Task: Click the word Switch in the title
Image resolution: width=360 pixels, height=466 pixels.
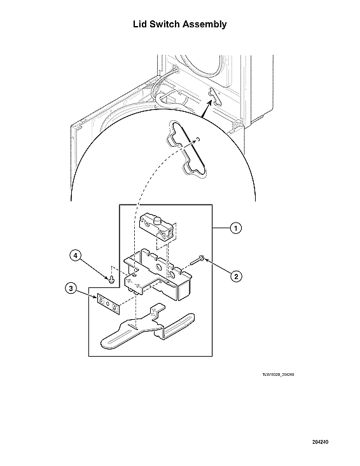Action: click(x=169, y=24)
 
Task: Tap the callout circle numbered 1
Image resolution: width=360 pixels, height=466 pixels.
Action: click(x=235, y=228)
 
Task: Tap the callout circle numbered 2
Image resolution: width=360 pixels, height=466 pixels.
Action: click(x=235, y=276)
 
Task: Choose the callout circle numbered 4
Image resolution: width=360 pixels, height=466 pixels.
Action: click(x=75, y=256)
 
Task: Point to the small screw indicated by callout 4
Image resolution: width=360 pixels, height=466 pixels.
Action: click(x=113, y=278)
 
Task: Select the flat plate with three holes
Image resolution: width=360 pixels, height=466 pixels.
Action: click(x=108, y=303)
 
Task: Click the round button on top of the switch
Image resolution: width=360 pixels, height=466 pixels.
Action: click(x=156, y=219)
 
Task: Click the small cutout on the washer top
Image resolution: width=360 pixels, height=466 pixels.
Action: click(x=214, y=95)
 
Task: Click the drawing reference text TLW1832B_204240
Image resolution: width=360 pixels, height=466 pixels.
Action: click(x=277, y=374)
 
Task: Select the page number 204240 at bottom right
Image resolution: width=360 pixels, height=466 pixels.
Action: click(x=320, y=441)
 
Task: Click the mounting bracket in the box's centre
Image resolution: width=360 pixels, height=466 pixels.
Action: click(x=156, y=273)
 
